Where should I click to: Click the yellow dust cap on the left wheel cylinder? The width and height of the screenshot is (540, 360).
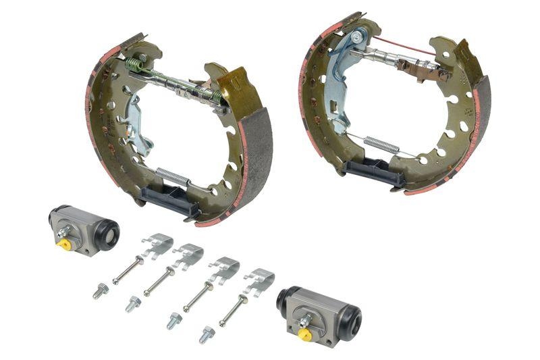pos(65,245)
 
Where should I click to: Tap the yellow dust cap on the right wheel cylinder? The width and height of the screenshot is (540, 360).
pos(304,334)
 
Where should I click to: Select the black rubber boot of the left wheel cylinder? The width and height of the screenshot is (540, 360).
pos(107,233)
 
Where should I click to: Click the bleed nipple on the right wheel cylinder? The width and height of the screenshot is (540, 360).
pos(305,320)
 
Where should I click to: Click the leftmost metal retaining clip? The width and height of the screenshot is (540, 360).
pos(157,245)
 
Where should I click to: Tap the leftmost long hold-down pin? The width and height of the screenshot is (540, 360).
pos(126,271)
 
